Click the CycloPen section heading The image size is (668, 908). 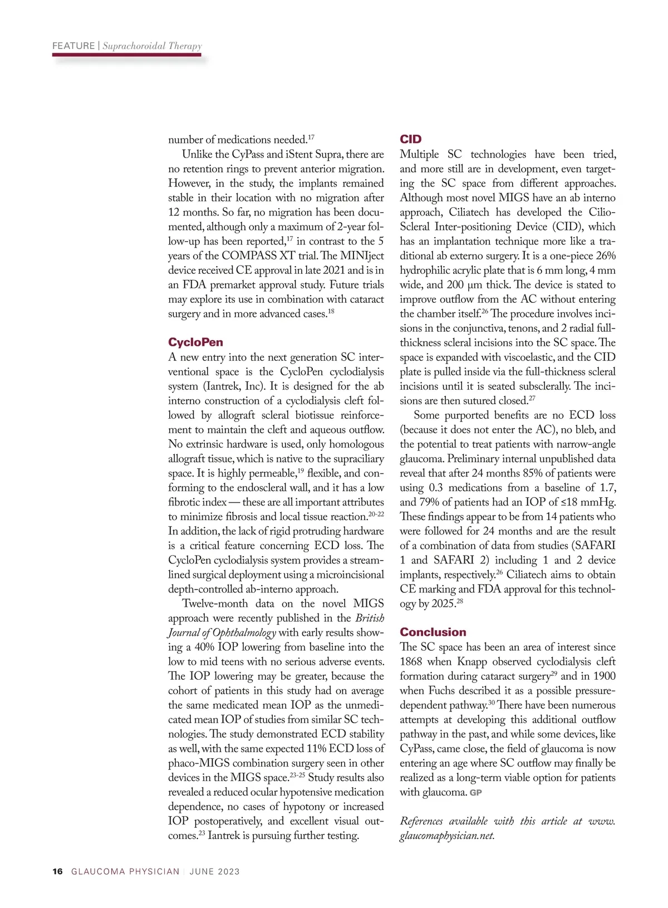click(x=195, y=342)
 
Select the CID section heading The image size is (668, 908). click(x=411, y=139)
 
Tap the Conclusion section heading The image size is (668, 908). click(x=433, y=632)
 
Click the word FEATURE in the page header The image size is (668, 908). click(x=73, y=46)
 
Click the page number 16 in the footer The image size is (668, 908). click(x=58, y=871)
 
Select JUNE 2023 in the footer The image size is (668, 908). click(x=214, y=871)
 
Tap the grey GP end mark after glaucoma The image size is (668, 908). click(x=476, y=792)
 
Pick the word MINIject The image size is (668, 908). click(x=360, y=256)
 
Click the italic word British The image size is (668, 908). click(x=370, y=618)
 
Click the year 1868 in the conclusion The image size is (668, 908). click(x=411, y=661)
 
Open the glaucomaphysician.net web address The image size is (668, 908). click(x=447, y=836)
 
